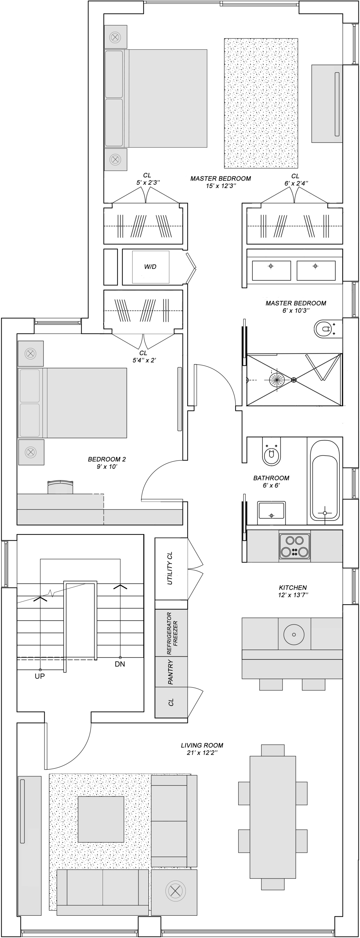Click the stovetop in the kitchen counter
coord(295,546)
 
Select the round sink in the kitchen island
coord(294,634)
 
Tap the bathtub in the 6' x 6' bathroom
coord(325,481)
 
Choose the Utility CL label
coord(170,568)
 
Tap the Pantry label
coord(170,672)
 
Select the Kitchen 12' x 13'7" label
coord(293,591)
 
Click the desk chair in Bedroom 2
coord(60,487)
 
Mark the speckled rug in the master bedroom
coord(261,103)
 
